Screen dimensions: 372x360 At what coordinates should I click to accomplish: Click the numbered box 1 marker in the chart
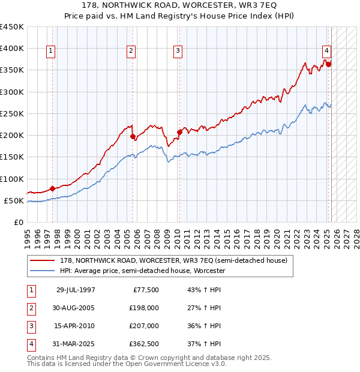pyautogui.click(x=51, y=52)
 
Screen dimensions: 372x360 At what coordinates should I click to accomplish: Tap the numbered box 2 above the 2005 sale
pyautogui.click(x=131, y=52)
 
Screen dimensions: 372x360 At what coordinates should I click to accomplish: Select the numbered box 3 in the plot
pyautogui.click(x=178, y=52)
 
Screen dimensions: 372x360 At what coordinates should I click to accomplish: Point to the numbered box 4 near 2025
pyautogui.click(x=326, y=52)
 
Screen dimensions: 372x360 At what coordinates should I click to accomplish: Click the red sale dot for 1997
pyautogui.click(x=52, y=188)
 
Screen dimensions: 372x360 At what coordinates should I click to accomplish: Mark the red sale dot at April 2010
pyautogui.click(x=179, y=132)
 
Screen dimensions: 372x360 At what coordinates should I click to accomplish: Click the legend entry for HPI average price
pyautogui.click(x=142, y=271)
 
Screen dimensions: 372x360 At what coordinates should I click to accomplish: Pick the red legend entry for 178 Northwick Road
pyautogui.click(x=174, y=260)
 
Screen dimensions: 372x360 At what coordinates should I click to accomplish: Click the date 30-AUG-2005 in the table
pyautogui.click(x=75, y=308)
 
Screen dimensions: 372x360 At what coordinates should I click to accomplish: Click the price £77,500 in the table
pyautogui.click(x=145, y=290)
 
